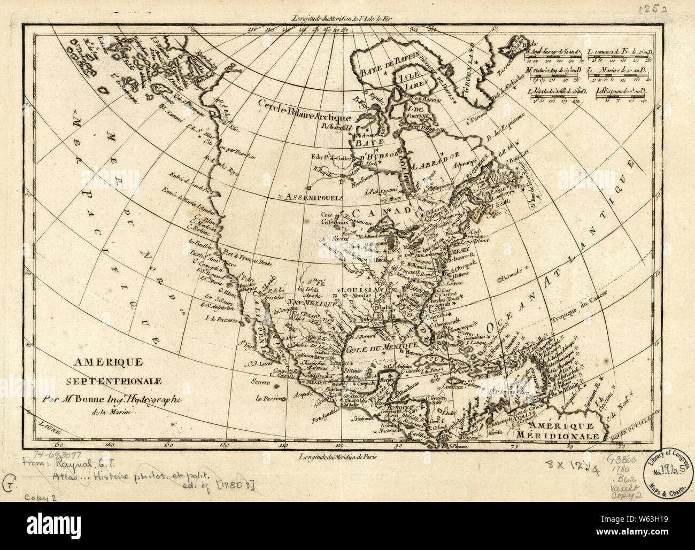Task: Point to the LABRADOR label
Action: (441, 157)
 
